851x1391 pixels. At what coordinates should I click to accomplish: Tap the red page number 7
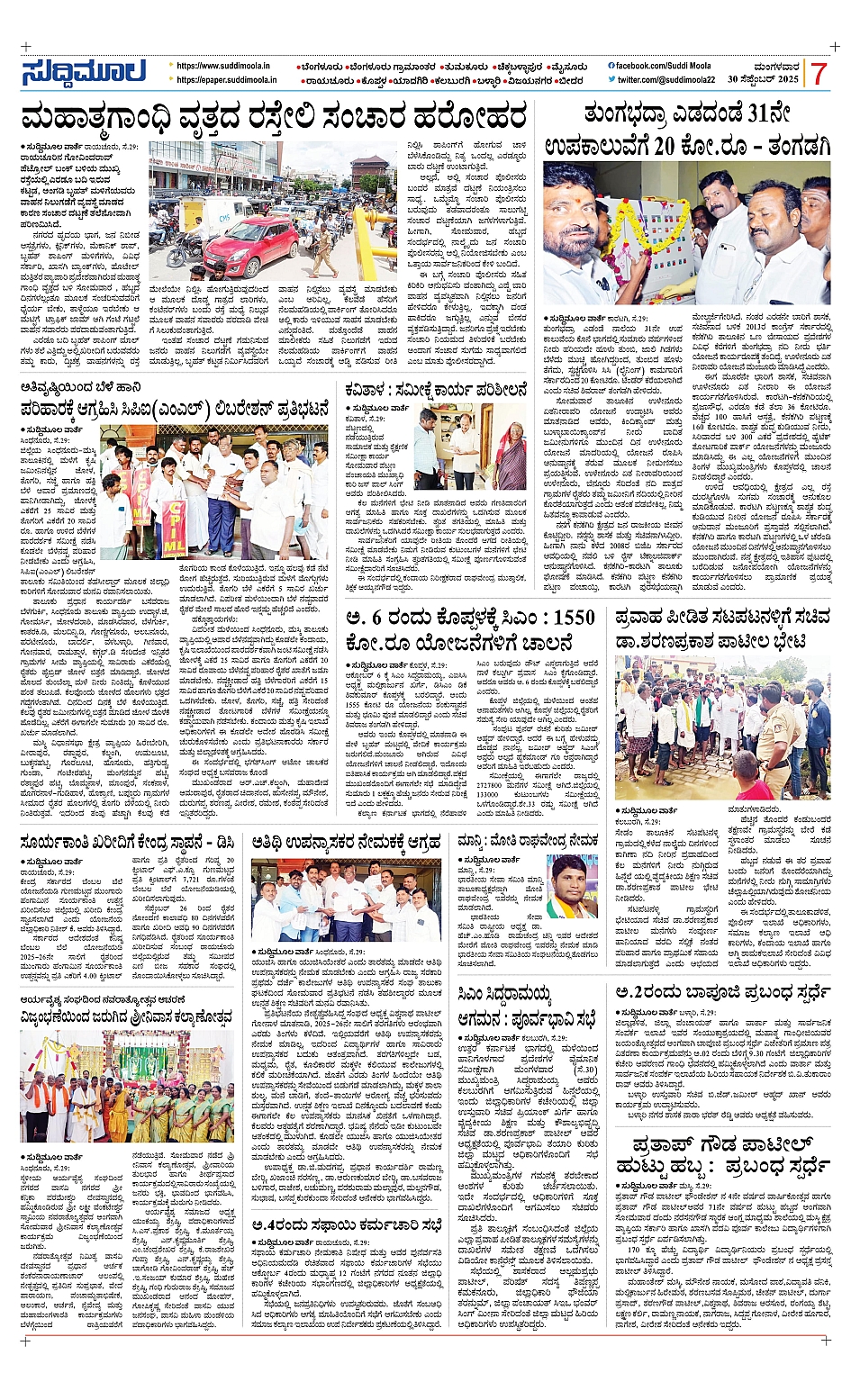(x=818, y=73)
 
